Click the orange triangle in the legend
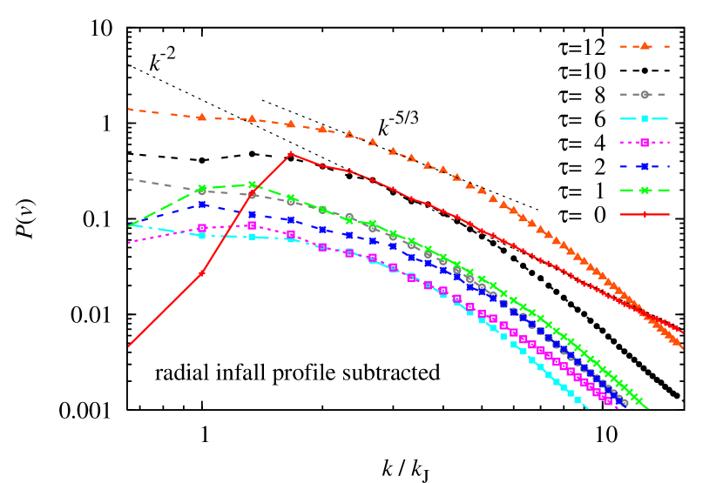point(645,46)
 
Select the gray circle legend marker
point(645,94)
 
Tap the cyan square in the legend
point(645,118)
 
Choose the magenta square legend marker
point(645,142)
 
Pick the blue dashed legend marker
point(645,166)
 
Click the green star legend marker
point(645,190)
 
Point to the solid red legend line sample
point(645,214)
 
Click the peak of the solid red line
point(290,154)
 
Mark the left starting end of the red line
point(129,345)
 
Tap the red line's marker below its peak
point(202,272)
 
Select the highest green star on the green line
point(252,184)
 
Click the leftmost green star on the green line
point(202,189)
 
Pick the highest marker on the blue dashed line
point(202,205)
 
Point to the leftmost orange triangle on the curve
point(202,117)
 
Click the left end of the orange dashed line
point(129,110)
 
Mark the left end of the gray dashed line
point(129,179)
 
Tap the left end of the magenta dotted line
point(129,243)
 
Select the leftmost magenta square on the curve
point(202,228)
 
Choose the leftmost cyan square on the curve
point(202,235)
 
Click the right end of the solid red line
point(682,332)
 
